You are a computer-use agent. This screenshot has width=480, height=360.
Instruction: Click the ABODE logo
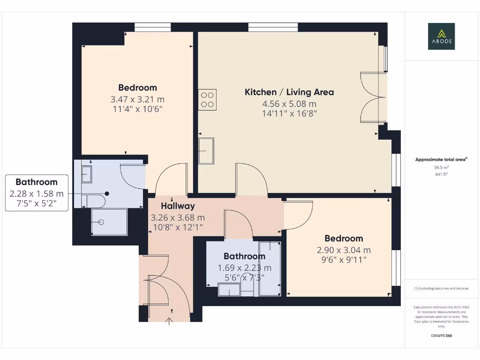pos(441,37)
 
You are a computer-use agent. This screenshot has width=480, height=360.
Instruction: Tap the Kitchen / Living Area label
pos(289,92)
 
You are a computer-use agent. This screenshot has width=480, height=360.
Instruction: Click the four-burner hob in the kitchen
pos(207,99)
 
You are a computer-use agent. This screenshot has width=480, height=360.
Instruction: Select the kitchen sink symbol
pos(206,150)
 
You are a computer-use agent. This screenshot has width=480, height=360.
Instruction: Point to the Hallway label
pos(178,206)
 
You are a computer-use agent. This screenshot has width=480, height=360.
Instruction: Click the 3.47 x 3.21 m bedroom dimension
pos(137,99)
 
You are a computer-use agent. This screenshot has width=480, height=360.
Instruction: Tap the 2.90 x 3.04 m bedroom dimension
pos(344,250)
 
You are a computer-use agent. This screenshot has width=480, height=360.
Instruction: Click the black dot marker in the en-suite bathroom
pos(107,193)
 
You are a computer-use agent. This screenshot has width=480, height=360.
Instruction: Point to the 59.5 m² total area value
pos(441,167)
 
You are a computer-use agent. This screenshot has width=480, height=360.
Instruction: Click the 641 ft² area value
pos(441,174)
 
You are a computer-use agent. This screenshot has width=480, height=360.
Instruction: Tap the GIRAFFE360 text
pos(441,336)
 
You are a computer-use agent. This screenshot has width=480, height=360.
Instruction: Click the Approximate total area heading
pos(441,160)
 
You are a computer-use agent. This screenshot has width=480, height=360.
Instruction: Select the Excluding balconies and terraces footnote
pos(441,288)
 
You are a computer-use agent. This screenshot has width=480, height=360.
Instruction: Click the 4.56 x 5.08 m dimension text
pos(289,104)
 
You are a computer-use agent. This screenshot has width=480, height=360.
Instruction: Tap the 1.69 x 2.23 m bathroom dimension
pos(244,268)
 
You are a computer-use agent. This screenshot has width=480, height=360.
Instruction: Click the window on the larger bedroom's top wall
pos(150,27)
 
